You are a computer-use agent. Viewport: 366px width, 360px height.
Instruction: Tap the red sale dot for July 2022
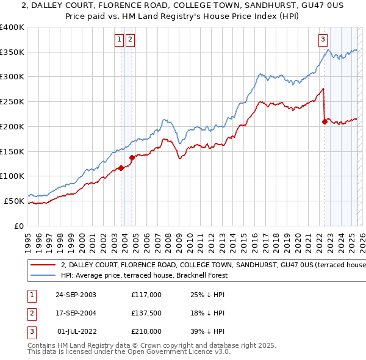pyautogui.click(x=325, y=122)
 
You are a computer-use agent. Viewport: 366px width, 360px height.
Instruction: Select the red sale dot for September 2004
pyautogui.click(x=132, y=157)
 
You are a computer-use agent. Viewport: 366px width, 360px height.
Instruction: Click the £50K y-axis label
pyautogui.click(x=15, y=201)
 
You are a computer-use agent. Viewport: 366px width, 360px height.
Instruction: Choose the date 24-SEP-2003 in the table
pyautogui.click(x=75, y=295)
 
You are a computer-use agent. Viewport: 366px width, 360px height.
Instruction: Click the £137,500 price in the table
pyautogui.click(x=146, y=313)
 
